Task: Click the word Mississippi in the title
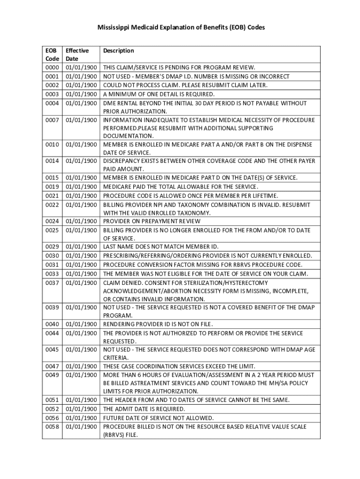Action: [x=114, y=28]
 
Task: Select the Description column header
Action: [x=118, y=51]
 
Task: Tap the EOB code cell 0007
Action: [x=52, y=120]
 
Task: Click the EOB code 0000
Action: [x=52, y=68]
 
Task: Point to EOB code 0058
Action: [x=52, y=427]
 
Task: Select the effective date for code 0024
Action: [x=81, y=221]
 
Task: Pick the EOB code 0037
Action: [x=52, y=283]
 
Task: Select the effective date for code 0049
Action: [x=81, y=375]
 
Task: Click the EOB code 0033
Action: [x=52, y=274]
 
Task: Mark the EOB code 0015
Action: [x=52, y=178]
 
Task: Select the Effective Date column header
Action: [x=77, y=55]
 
